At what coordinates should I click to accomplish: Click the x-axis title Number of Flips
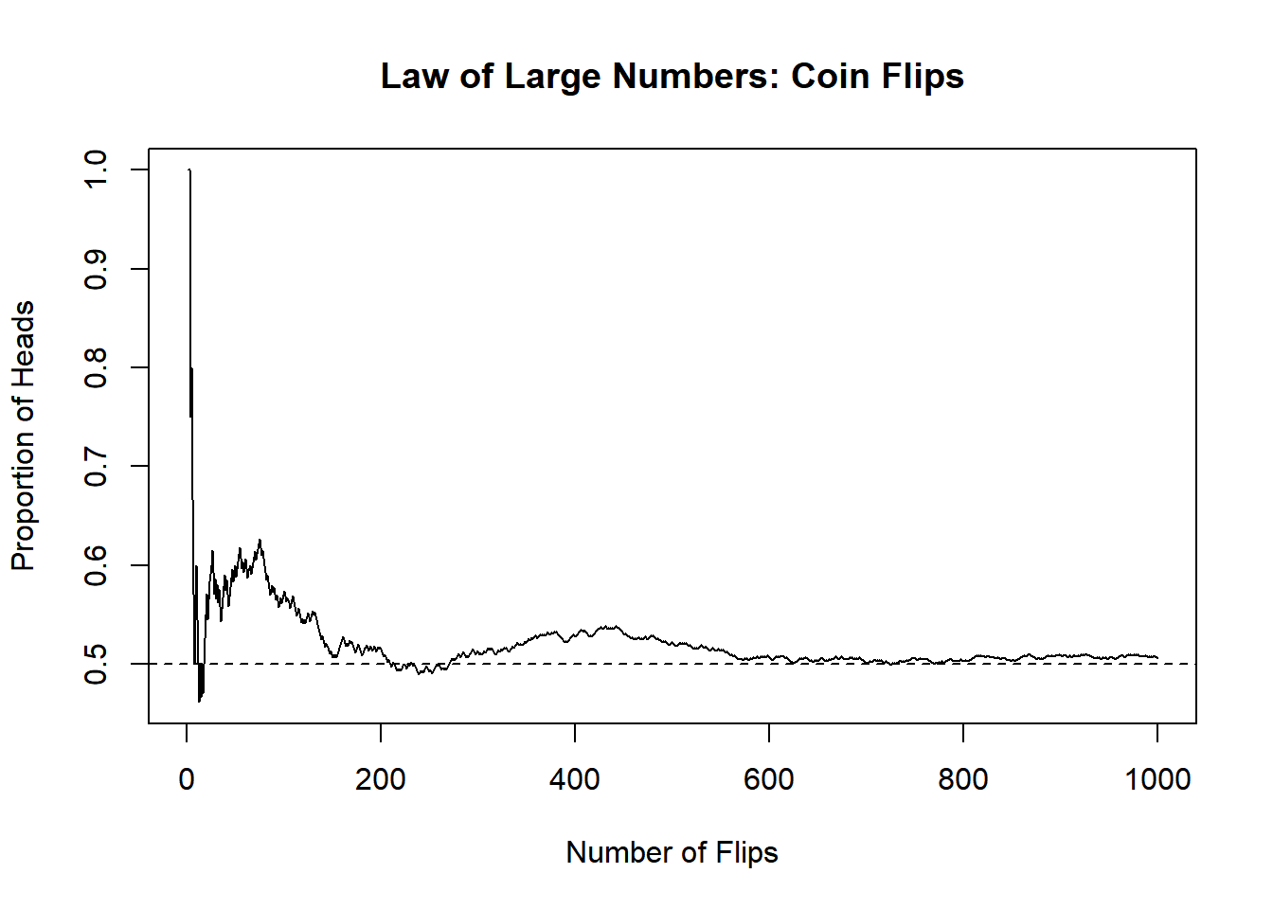click(672, 852)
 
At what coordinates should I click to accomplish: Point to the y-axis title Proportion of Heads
click(23, 436)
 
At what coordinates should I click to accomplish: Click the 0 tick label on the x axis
click(187, 779)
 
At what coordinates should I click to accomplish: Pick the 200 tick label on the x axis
click(381, 779)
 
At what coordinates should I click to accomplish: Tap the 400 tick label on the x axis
click(575, 779)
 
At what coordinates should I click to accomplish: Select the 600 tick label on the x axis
click(769, 779)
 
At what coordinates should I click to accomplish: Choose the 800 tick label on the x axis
click(963, 779)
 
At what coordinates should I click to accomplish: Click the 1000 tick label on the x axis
click(1156, 779)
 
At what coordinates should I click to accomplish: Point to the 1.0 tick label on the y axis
click(97, 169)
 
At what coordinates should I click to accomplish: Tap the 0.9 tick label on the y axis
click(97, 269)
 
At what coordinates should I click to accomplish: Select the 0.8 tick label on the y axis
click(97, 367)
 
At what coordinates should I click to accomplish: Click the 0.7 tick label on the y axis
click(97, 466)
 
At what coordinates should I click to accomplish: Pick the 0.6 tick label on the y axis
click(97, 565)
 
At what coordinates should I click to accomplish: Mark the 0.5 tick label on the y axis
click(97, 664)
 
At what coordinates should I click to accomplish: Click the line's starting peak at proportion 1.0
click(189, 170)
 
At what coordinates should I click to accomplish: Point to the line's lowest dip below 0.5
click(199, 701)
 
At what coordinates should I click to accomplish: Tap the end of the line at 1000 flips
click(1156, 657)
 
